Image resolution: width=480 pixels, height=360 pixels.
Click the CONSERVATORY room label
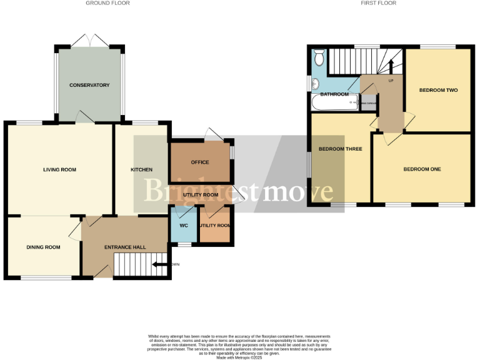pyautogui.click(x=89, y=85)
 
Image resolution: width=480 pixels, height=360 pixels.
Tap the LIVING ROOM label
pyautogui.click(x=59, y=169)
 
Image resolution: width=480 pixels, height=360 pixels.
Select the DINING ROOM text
pyautogui.click(x=43, y=247)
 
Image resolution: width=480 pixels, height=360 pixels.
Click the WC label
pyautogui.click(x=184, y=225)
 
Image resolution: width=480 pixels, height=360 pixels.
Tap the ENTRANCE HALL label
pyautogui.click(x=125, y=247)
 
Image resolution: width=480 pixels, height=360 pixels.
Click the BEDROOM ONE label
pyautogui.click(x=422, y=169)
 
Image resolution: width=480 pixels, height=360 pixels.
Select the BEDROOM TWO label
pyautogui.click(x=438, y=90)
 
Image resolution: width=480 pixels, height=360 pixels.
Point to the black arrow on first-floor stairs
pyautogui.click(x=392, y=64)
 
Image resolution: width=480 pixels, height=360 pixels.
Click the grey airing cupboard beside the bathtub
pyautogui.click(x=369, y=103)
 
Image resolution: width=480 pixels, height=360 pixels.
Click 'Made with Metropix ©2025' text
pyautogui.click(x=239, y=357)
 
